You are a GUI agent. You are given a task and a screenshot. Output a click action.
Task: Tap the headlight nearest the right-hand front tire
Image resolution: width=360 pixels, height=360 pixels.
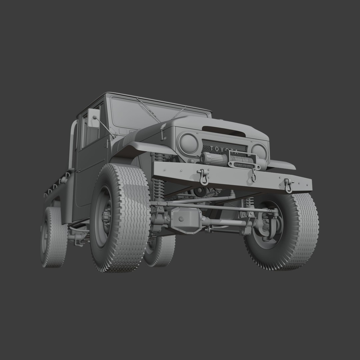(259, 151)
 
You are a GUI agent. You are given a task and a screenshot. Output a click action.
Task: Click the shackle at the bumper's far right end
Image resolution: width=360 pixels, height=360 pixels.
(288, 186)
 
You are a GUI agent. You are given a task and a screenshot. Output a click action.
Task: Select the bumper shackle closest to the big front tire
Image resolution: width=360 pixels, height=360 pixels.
(203, 177)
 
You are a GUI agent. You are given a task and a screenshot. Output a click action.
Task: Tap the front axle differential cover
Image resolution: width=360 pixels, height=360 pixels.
(184, 220)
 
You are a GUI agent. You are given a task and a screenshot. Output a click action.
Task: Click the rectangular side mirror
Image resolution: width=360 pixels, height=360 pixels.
(93, 118)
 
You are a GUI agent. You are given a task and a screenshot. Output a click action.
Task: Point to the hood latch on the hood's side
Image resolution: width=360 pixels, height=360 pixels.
(162, 132)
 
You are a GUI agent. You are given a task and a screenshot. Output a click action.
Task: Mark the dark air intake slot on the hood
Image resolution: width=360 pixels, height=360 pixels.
(224, 131)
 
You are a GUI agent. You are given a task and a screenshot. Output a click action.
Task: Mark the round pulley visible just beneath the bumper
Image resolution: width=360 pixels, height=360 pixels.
(200, 192)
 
